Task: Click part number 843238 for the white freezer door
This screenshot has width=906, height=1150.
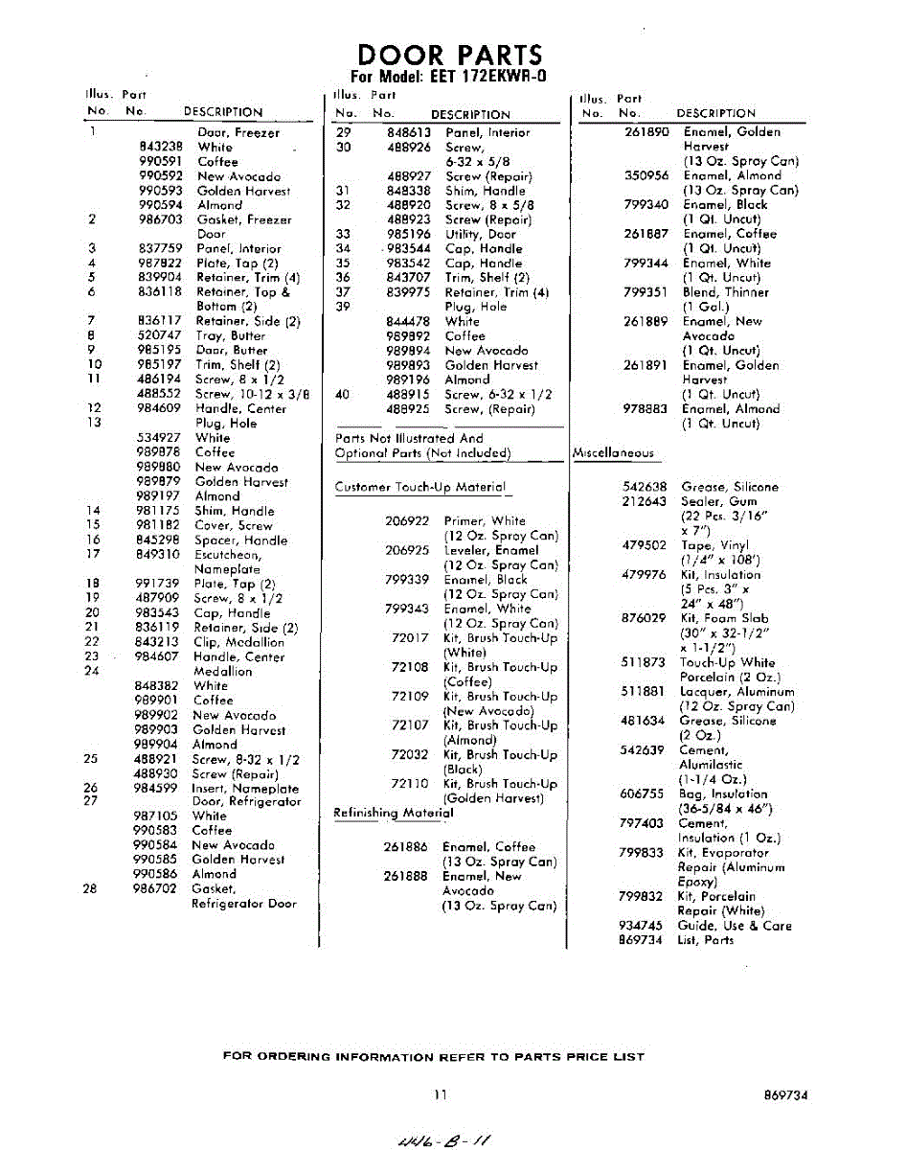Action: (160, 148)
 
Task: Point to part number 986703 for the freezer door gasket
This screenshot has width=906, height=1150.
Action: (160, 219)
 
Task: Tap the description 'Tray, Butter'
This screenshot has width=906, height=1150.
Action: (231, 335)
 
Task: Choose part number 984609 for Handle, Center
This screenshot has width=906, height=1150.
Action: (159, 408)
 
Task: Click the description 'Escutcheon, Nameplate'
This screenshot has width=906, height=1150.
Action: (228, 562)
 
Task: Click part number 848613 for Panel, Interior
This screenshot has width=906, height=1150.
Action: (392, 132)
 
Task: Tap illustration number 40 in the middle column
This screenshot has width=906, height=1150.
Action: (343, 394)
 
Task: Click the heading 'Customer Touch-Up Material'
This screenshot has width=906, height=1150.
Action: (419, 487)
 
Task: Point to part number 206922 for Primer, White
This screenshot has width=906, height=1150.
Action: (407, 520)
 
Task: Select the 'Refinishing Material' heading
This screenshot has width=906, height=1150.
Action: (393, 813)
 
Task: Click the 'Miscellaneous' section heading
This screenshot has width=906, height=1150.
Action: (613, 452)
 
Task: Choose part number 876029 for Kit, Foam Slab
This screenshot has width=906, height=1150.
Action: (644, 618)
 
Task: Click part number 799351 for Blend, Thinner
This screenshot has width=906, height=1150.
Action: (646, 292)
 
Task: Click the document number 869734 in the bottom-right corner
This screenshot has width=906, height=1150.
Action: (785, 1094)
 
